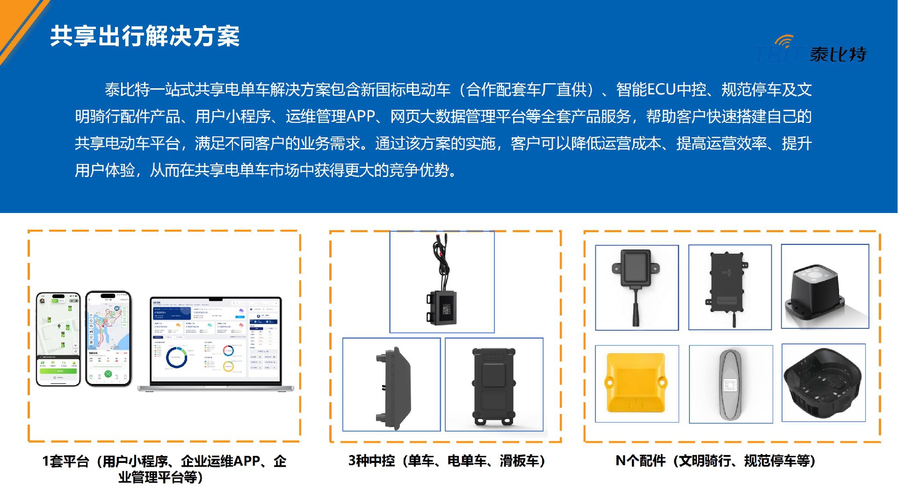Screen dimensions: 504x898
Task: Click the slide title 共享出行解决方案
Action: tap(145, 36)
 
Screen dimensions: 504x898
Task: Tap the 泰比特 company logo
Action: tap(811, 50)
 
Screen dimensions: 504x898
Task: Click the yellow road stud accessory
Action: tap(636, 383)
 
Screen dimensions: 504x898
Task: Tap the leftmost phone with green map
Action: tap(58, 339)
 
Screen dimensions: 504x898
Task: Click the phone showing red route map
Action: tap(108, 339)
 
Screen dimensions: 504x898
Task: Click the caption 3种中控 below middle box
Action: tap(446, 461)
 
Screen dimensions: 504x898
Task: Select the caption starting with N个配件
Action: tap(715, 461)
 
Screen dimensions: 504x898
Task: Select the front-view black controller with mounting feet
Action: tap(493, 385)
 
